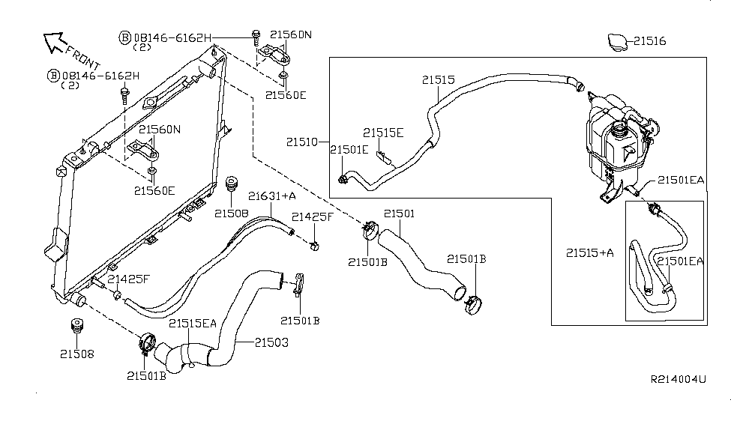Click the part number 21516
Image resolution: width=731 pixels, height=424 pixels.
pos(649,41)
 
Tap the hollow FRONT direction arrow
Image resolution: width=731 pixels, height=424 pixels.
pos(54,43)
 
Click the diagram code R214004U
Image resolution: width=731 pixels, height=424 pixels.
pos(678,380)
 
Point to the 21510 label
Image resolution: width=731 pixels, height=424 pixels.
pos(303,141)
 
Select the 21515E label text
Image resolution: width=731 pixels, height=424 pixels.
pos(383,133)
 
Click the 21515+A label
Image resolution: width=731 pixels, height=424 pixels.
pos(589,253)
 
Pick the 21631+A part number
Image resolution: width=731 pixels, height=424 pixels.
pos(273,196)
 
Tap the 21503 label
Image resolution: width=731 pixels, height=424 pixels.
pos(271,342)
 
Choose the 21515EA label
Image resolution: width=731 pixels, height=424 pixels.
pos(192,324)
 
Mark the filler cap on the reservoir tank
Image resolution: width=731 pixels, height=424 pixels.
pos(622,132)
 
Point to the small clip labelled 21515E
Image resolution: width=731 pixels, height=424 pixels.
pos(382,157)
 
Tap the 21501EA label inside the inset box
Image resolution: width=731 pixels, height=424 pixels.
pos(680,261)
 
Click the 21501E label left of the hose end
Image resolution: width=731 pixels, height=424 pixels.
pos(349,150)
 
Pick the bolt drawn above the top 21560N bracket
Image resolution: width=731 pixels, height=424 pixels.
pos(256,34)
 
